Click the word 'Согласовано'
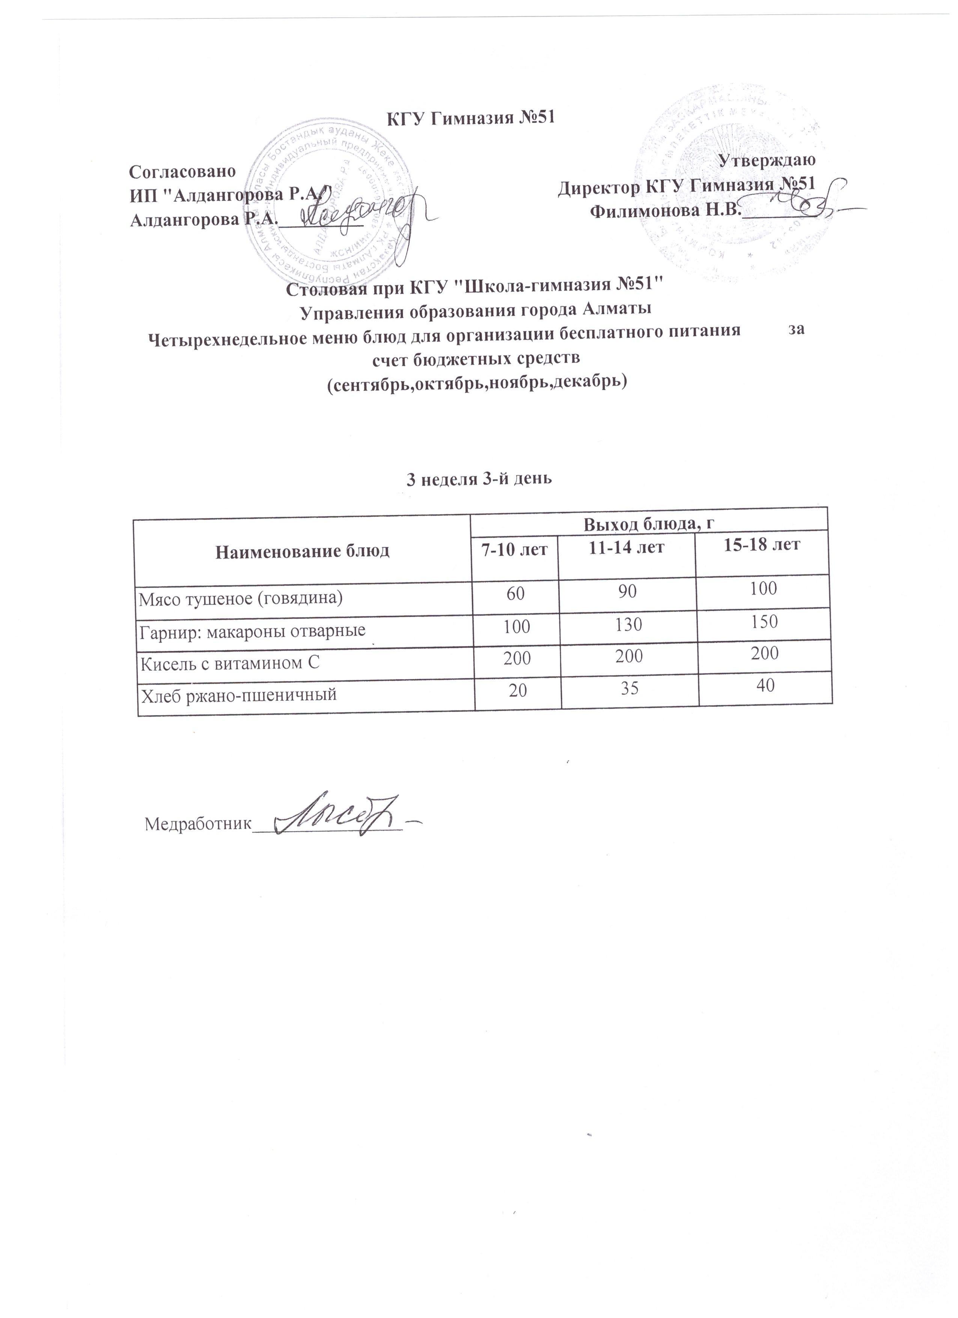(x=182, y=172)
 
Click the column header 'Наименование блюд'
(x=302, y=551)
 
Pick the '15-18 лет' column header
(x=763, y=544)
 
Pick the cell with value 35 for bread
(x=630, y=689)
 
